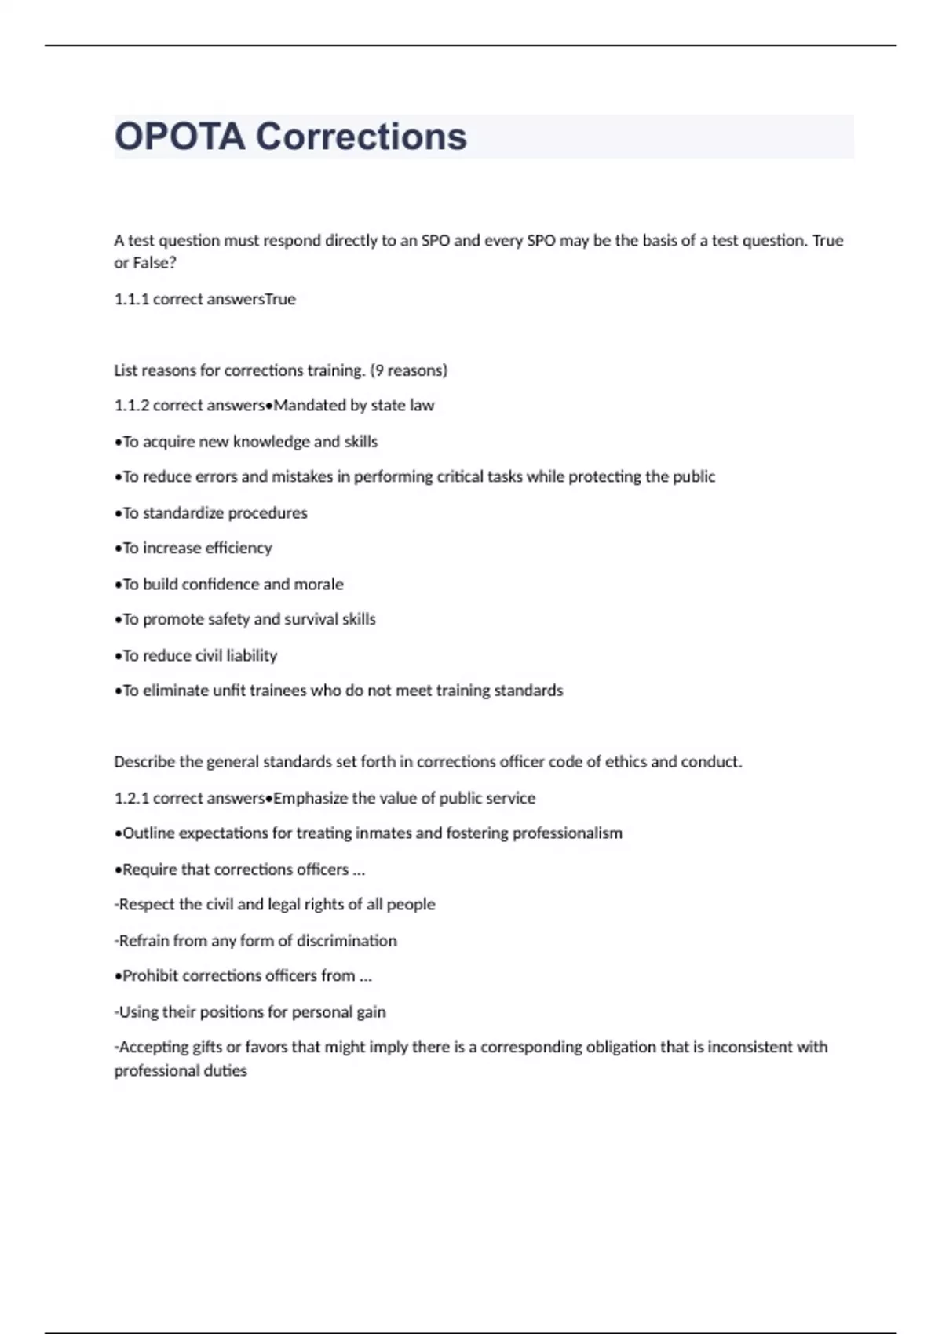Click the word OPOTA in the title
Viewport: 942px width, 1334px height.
(180, 137)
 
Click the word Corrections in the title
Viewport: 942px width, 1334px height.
(361, 137)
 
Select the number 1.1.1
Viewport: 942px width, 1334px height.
(131, 299)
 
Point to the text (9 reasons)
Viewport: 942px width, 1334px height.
(408, 370)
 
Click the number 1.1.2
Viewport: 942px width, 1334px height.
(131, 406)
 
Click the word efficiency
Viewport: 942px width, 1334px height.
(239, 549)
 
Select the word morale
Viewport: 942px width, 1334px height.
(319, 585)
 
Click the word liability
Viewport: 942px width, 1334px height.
(251, 656)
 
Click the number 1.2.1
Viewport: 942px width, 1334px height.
(131, 799)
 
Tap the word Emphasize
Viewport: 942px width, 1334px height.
(310, 799)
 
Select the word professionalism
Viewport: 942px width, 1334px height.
(567, 833)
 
